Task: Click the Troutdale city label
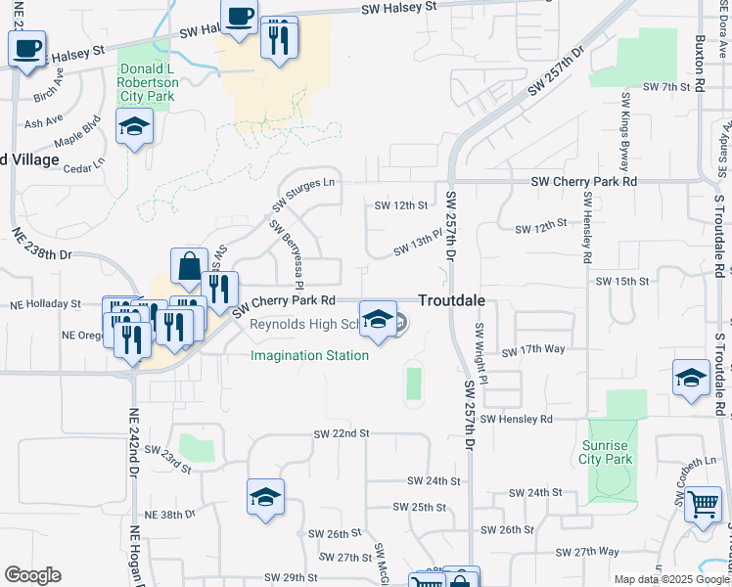coord(453,302)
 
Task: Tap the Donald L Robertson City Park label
coord(146,83)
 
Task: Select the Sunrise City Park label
coord(604,451)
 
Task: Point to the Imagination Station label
coord(310,355)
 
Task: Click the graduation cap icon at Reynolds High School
coord(379,319)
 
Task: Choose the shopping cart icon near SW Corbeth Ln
coord(703,505)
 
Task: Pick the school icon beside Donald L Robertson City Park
coord(134,126)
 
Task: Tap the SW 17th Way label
coord(533,350)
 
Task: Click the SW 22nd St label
coord(342,433)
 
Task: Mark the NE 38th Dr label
coord(170,515)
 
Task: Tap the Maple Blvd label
coord(78,132)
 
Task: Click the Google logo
coord(32,575)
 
